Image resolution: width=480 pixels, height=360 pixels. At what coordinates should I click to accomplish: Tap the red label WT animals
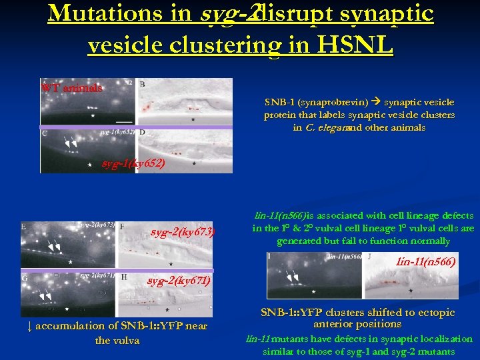71,87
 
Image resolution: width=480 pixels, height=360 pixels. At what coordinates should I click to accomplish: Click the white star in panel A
93,115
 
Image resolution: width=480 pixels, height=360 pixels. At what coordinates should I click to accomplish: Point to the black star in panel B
193,119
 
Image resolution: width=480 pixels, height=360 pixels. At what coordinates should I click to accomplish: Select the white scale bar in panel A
123,121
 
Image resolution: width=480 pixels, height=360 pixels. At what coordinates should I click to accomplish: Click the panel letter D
143,133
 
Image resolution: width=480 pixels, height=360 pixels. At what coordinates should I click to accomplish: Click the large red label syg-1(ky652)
133,163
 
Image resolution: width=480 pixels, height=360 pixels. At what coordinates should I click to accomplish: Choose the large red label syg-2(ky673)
182,232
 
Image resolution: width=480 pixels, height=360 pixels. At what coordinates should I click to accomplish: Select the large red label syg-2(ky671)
178,281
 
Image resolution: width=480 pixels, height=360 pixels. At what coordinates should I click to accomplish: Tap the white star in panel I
309,291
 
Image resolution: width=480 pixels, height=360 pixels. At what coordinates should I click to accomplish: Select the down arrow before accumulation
31,326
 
